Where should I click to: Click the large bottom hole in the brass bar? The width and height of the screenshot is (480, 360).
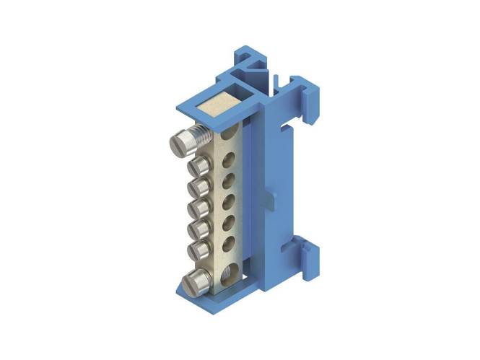tap(227, 273)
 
